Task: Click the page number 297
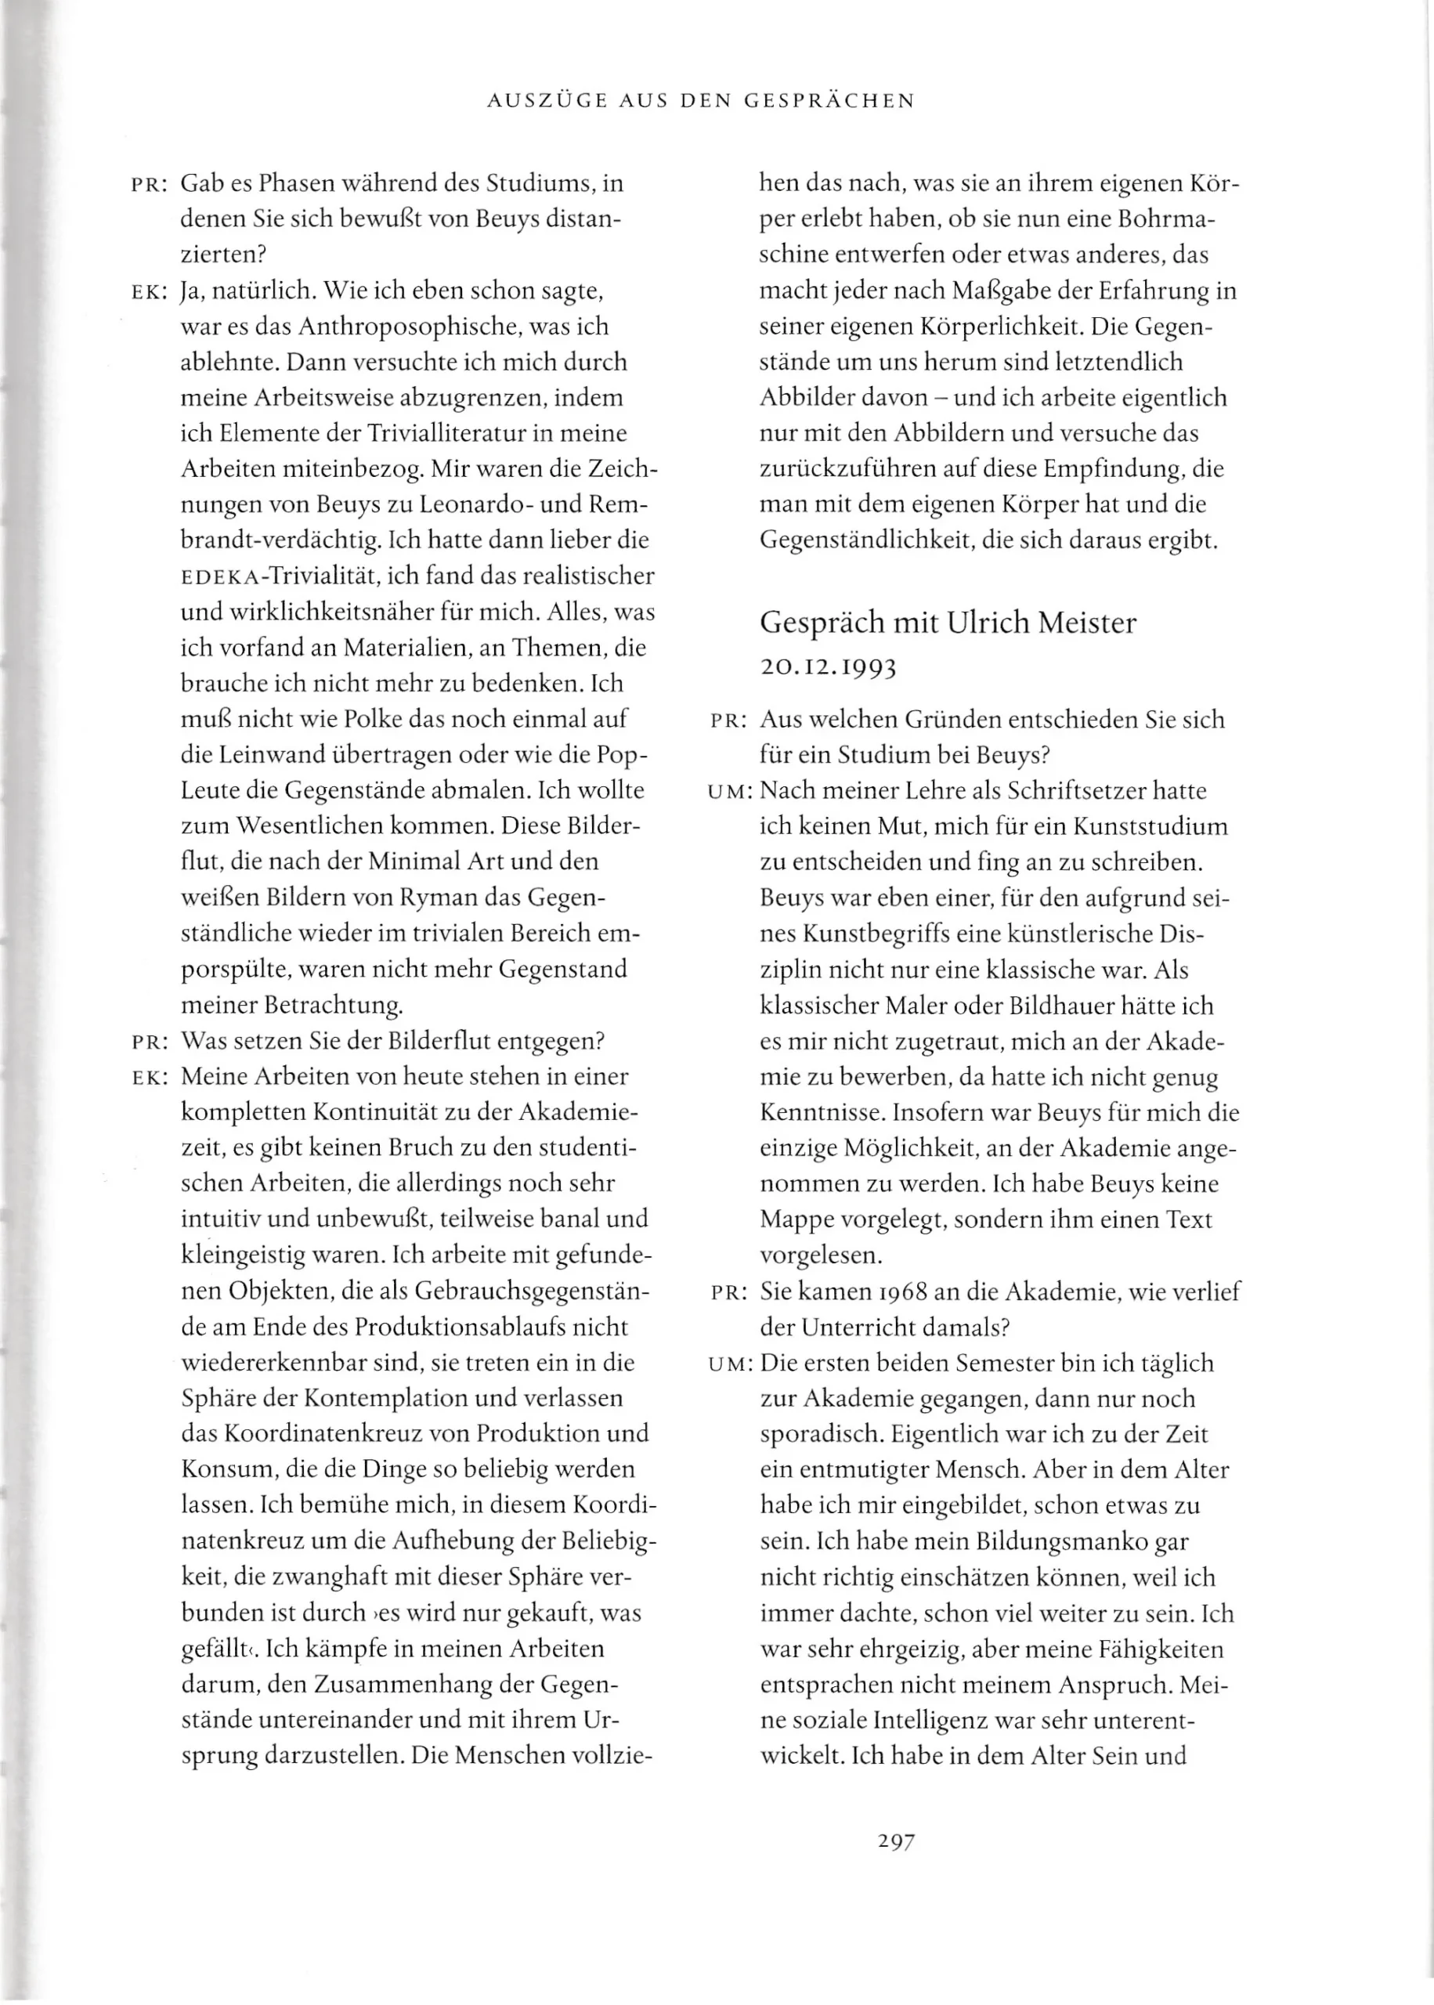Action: (896, 1841)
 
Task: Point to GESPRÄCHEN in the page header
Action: (829, 101)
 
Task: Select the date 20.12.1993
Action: (827, 667)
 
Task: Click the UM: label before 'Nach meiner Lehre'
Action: (729, 792)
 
